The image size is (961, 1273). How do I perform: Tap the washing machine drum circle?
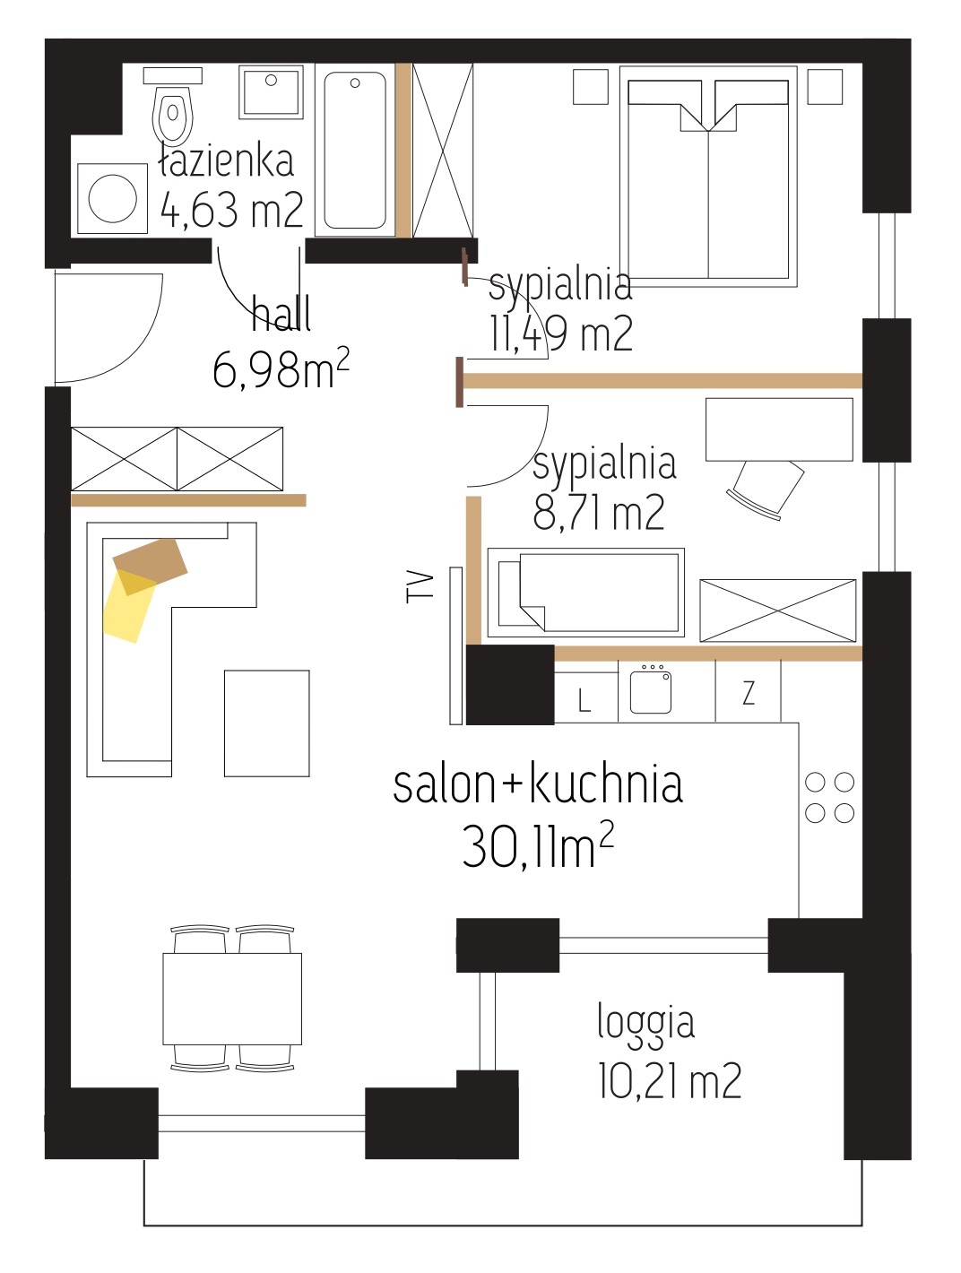pos(113,198)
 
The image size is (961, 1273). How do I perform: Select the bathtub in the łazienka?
pos(354,150)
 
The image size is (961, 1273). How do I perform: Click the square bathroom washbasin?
pos(271,93)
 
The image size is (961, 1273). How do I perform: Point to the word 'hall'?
pos(281,313)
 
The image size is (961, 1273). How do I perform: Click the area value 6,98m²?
pos(281,368)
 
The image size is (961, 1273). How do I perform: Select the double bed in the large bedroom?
pos(708,177)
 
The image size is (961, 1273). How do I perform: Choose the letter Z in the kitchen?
pos(749,692)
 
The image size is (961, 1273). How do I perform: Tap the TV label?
pos(420,587)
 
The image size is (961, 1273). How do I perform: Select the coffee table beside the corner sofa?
pos(267,723)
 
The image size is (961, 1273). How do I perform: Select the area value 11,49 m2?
pos(561,334)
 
